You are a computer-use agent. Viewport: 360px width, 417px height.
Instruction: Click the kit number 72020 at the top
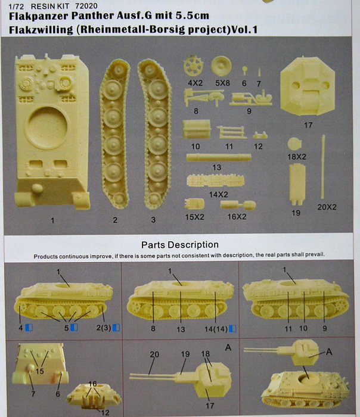click(x=86, y=5)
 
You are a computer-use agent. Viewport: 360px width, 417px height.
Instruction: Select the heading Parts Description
click(x=180, y=245)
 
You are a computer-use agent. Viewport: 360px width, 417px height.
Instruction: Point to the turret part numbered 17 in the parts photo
click(x=308, y=86)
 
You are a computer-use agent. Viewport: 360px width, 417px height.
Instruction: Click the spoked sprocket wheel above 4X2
click(x=194, y=66)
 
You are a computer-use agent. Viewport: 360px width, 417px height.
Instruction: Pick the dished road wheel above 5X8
click(x=221, y=66)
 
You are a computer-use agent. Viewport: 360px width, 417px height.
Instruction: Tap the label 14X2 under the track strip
click(x=219, y=194)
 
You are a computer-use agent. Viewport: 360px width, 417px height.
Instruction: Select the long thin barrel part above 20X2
click(x=323, y=167)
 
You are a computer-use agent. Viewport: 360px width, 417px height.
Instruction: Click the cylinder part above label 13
click(x=219, y=157)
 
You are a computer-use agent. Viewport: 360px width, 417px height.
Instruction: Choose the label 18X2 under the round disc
click(x=296, y=157)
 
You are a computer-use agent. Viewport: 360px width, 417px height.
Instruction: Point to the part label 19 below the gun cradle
click(x=296, y=213)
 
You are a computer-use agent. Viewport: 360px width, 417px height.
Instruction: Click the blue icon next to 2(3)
click(x=116, y=328)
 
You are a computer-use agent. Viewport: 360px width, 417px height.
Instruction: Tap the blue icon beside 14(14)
click(x=232, y=329)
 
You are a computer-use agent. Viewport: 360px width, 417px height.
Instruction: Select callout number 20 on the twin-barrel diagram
click(x=154, y=354)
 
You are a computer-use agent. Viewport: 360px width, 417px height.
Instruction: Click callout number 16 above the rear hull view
click(x=92, y=384)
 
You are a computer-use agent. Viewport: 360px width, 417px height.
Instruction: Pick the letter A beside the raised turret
click(x=329, y=352)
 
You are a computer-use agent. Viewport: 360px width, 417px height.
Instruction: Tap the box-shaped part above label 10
click(x=196, y=129)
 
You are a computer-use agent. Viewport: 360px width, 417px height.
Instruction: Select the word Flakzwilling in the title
click(x=41, y=30)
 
